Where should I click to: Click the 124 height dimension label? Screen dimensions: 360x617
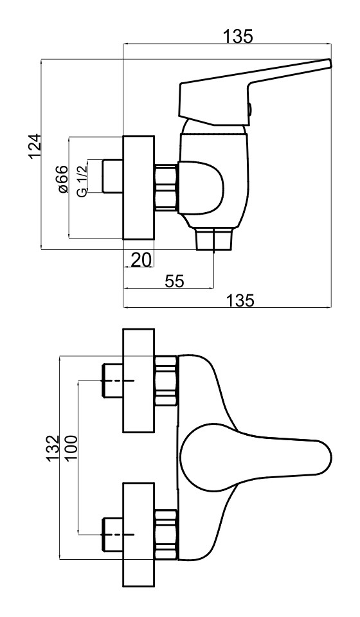pos(35,146)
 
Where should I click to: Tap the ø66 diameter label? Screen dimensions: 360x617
pos(62,179)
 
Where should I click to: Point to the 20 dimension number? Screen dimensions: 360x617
pos(141,260)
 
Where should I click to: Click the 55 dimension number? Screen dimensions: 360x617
pos(174,281)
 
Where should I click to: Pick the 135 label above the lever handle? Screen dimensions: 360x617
pos(238,37)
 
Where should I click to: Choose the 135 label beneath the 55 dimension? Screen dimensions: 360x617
pos(240,301)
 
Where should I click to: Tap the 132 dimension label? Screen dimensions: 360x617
pos(53,449)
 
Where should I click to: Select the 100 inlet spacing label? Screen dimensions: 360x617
pos(71,449)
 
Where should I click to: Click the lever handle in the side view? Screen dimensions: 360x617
pos(252,93)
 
